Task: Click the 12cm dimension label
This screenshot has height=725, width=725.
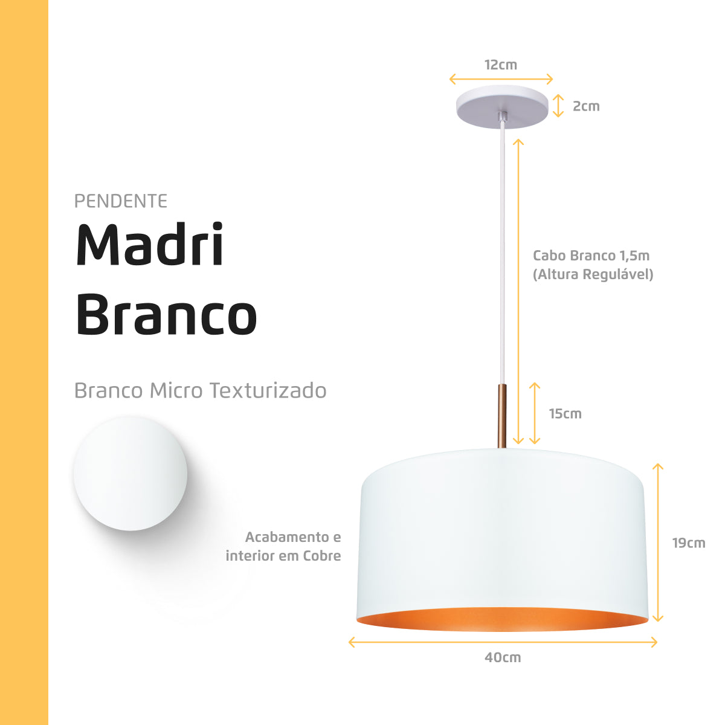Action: click(500, 65)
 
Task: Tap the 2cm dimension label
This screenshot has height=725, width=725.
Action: click(585, 106)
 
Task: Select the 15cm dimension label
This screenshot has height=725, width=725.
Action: click(565, 414)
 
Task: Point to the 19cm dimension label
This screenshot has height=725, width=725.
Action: click(688, 543)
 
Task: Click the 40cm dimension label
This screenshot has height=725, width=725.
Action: click(502, 657)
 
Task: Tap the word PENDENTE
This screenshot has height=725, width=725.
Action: click(121, 201)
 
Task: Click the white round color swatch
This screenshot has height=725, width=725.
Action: click(130, 474)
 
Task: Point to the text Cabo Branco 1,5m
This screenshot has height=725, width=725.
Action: click(591, 256)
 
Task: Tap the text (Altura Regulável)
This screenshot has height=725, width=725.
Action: click(593, 274)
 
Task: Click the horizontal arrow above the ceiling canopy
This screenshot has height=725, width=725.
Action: click(501, 79)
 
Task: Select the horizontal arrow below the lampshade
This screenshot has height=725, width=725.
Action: click(503, 642)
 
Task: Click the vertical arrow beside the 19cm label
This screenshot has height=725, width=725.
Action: click(658, 543)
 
